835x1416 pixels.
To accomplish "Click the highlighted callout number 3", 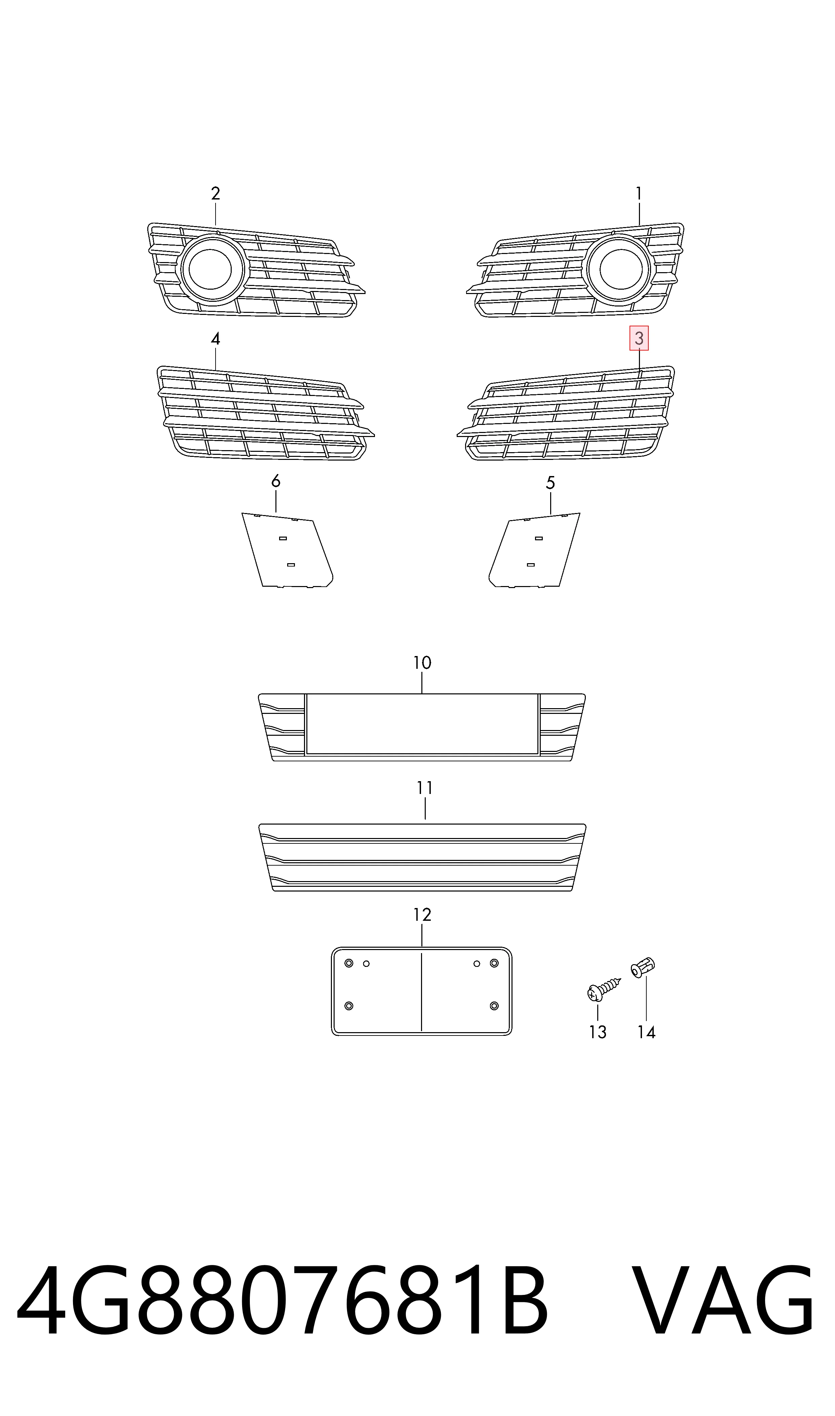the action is [639, 338].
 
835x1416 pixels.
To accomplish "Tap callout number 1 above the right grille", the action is [639, 193].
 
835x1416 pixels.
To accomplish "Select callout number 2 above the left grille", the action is [216, 193].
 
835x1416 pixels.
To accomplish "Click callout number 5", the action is [550, 483].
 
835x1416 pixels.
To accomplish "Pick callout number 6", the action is [276, 481].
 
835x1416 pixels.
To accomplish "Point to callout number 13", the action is [598, 1032].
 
